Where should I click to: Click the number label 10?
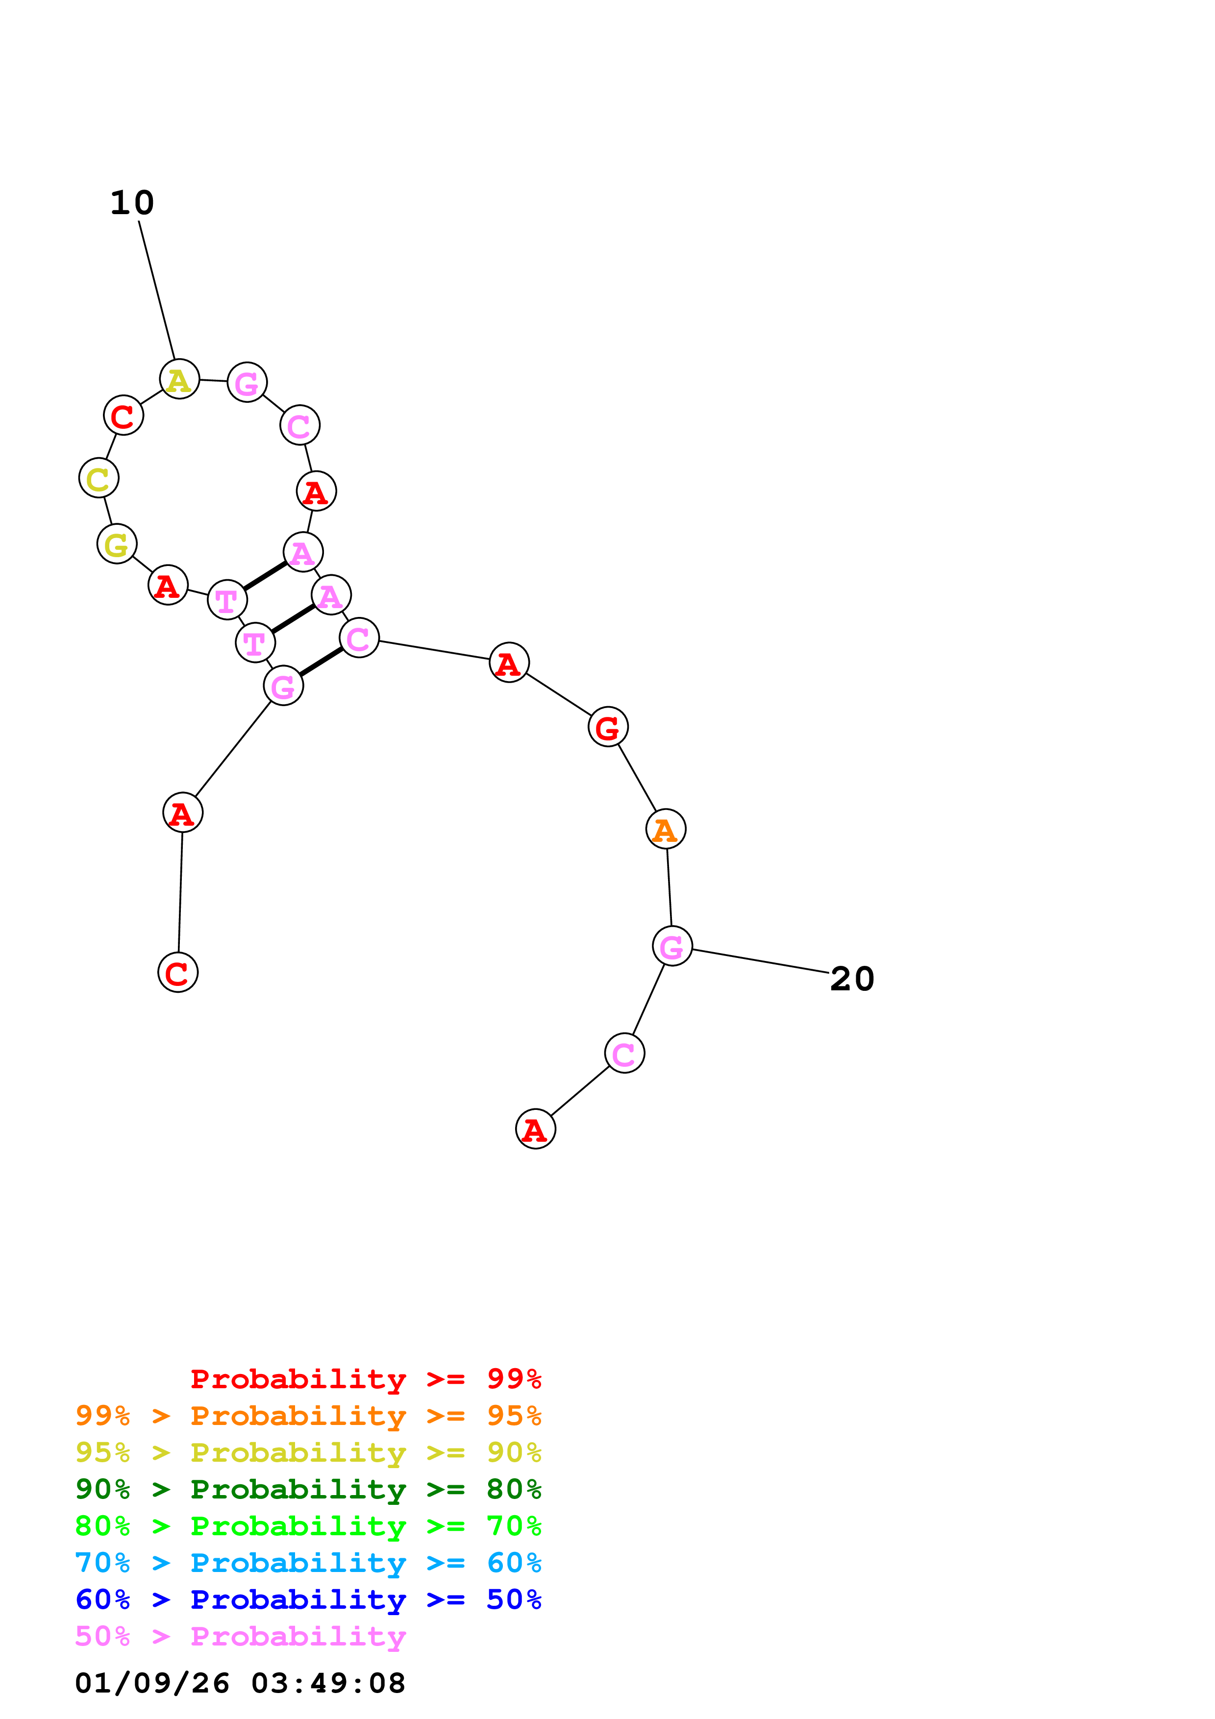[x=132, y=203]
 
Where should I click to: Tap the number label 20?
[x=852, y=979]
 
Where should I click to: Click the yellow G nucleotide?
[x=117, y=544]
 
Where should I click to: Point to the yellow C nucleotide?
[x=99, y=478]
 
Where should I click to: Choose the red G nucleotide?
[x=608, y=727]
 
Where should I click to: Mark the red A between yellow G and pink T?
[x=168, y=585]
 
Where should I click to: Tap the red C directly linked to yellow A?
[x=124, y=416]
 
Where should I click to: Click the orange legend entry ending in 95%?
[x=308, y=1416]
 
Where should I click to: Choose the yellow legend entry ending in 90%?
[x=308, y=1452]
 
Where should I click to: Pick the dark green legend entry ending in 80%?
[x=308, y=1489]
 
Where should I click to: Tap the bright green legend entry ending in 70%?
[x=308, y=1526]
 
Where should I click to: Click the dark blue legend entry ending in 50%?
[x=308, y=1599]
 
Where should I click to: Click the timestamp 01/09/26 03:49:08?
[x=240, y=1683]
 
